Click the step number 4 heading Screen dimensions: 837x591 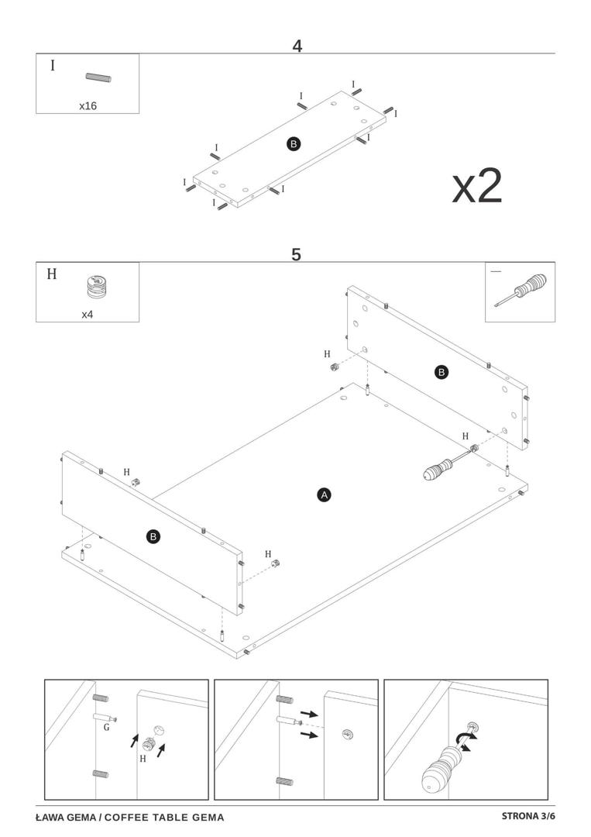point(297,46)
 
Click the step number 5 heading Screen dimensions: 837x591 point(296,254)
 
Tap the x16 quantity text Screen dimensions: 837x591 point(88,105)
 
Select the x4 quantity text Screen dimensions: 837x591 point(88,315)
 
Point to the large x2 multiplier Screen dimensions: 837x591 point(477,186)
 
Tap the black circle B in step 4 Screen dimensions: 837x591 point(294,143)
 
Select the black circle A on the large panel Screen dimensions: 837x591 point(325,494)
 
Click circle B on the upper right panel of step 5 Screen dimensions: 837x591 point(442,372)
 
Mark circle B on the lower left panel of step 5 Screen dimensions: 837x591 point(153,536)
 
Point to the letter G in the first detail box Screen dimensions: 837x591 point(106,727)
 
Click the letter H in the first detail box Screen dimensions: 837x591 point(143,759)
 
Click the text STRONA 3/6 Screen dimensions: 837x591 point(528,816)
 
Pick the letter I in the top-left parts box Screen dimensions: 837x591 point(53,65)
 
